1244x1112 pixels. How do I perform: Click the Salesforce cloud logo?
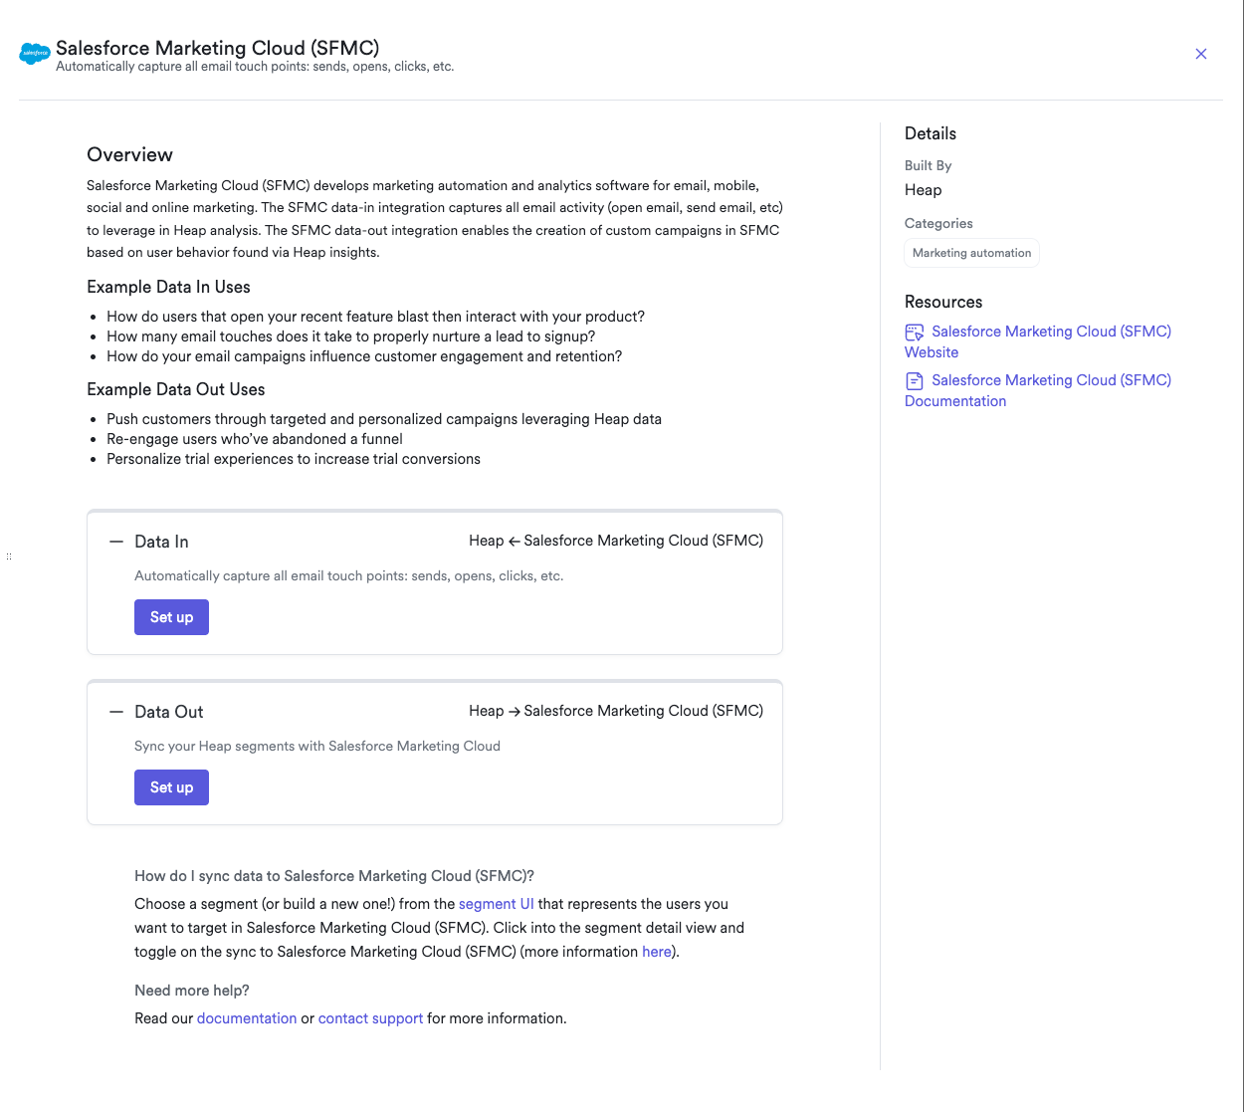coord(35,54)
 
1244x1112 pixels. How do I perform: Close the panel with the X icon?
coord(1201,54)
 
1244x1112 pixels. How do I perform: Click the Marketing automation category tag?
coord(971,253)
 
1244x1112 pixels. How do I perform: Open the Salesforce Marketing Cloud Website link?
coord(1050,332)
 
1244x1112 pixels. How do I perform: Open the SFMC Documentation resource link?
coord(1050,380)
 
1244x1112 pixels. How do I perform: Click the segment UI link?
coord(496,904)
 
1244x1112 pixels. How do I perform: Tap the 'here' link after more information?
coord(656,952)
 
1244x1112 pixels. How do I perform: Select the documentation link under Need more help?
coord(247,1018)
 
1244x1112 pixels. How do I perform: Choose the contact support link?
coord(370,1018)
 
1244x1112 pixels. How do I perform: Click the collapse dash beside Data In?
coord(116,542)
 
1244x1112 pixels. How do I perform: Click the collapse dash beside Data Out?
coord(116,712)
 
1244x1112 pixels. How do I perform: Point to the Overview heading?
coord(129,154)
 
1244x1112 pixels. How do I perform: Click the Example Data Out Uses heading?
coord(175,389)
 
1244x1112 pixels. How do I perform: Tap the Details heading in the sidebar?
coord(930,133)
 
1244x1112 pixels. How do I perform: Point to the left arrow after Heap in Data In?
coord(515,542)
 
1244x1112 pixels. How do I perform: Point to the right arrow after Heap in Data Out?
coord(515,712)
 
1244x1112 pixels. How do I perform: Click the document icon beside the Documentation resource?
coord(914,381)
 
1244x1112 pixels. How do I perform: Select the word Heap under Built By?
coord(923,190)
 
